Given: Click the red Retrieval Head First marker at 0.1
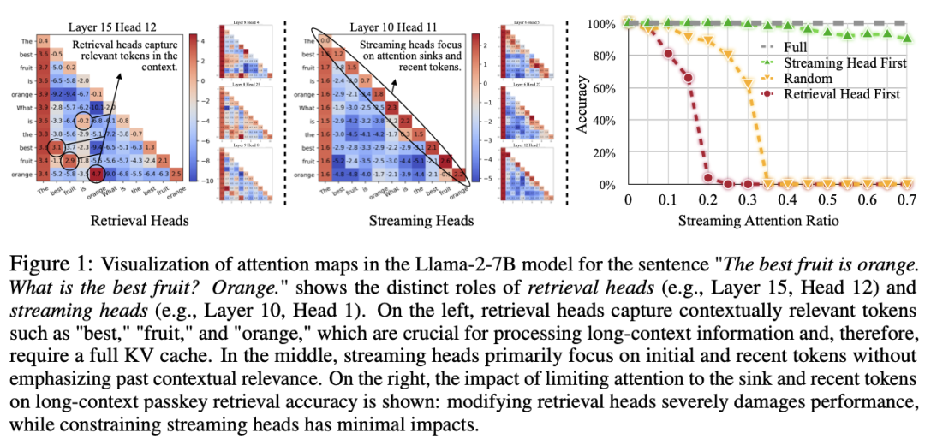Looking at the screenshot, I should pos(668,54).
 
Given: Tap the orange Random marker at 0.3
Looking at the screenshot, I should pos(748,85).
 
